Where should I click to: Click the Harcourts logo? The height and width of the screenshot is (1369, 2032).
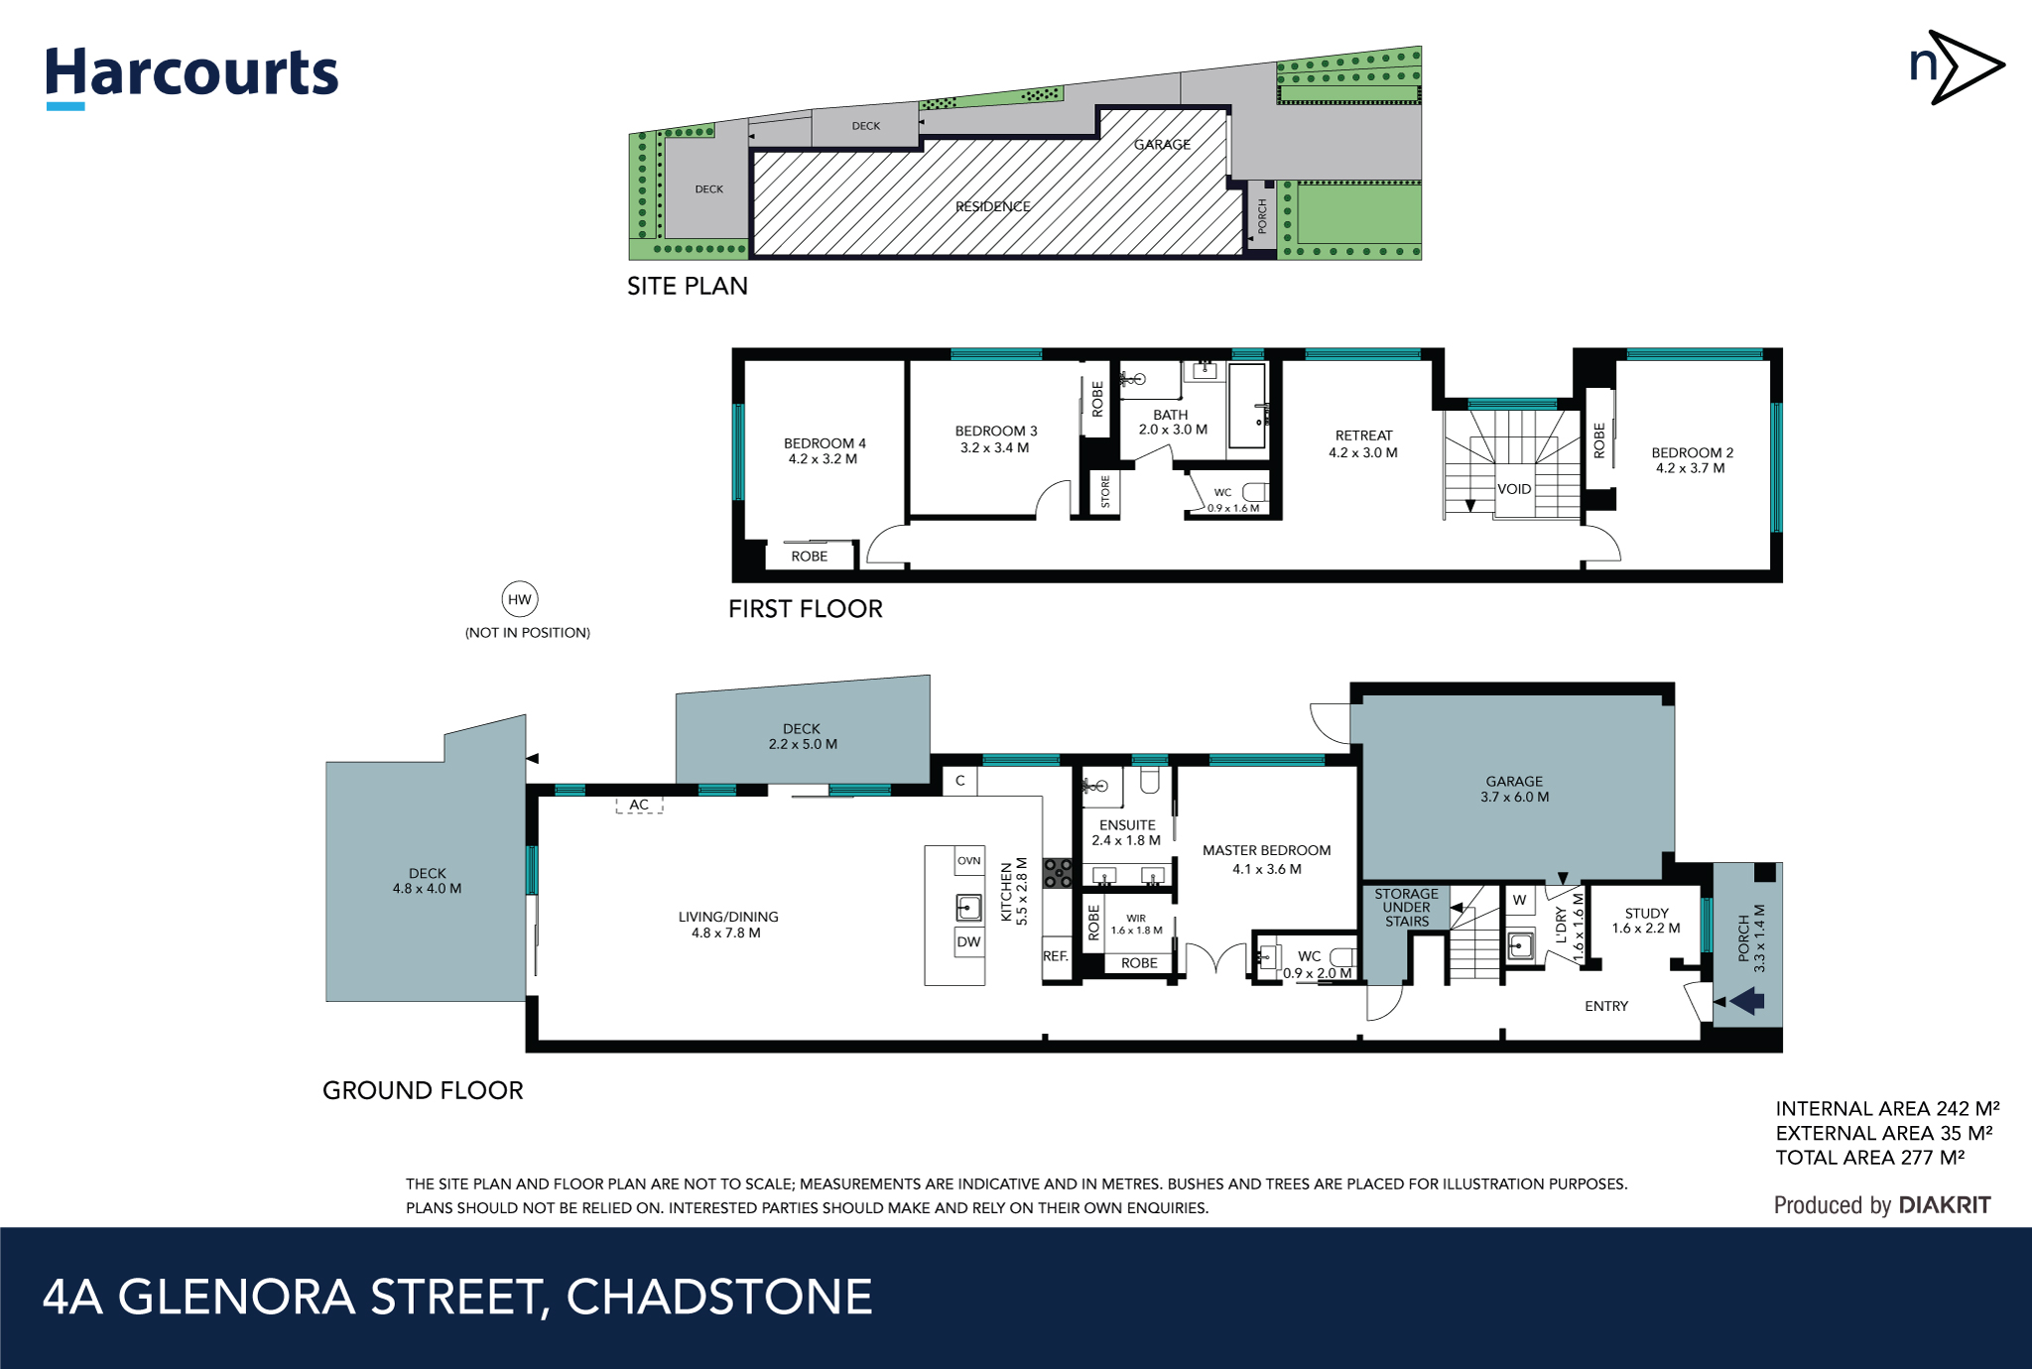[x=191, y=75]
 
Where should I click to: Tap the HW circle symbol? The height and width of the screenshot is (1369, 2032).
[x=519, y=599]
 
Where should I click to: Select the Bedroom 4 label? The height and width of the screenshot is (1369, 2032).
[x=824, y=450]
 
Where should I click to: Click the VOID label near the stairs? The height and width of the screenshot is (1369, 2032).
[x=1514, y=489]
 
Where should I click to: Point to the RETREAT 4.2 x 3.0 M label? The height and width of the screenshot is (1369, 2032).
[x=1363, y=443]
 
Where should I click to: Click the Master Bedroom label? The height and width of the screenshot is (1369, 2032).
[x=1266, y=859]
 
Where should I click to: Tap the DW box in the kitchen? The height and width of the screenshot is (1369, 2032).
[x=968, y=941]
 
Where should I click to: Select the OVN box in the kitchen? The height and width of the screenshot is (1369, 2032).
[x=968, y=860]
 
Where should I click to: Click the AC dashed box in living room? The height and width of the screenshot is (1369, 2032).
[x=639, y=805]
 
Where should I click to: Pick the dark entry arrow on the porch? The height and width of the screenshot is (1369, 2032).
[x=1747, y=1001]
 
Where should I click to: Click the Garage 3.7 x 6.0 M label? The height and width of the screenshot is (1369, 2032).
[x=1514, y=789]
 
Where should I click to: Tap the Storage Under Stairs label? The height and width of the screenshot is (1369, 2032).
[x=1406, y=907]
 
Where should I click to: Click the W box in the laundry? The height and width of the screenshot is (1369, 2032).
[x=1519, y=900]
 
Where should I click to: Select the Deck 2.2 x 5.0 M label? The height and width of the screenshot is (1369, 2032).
[x=802, y=736]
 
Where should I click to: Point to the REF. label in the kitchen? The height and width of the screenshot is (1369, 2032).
[x=1056, y=956]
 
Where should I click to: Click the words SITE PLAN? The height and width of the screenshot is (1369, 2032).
[x=687, y=286]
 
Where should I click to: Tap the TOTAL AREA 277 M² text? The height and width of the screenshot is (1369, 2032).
[x=1869, y=1158]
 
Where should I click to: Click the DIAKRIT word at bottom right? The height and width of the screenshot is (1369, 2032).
[x=1944, y=1205]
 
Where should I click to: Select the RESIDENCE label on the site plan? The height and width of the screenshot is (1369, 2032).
[x=992, y=206]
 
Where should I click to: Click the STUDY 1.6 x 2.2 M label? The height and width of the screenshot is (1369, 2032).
[x=1646, y=921]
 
